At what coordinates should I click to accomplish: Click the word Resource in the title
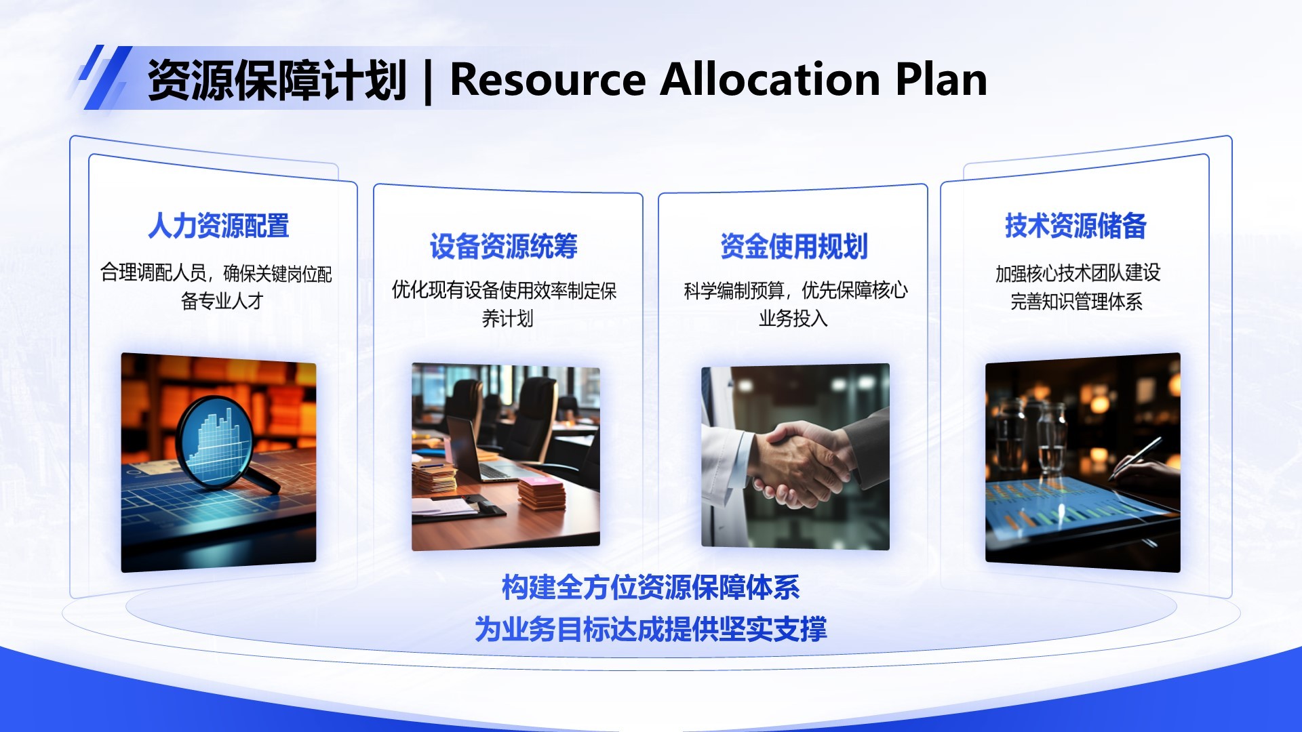point(548,80)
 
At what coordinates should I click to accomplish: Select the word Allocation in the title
point(770,80)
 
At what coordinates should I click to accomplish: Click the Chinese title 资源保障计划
point(277,80)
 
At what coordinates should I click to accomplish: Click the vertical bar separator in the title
point(428,81)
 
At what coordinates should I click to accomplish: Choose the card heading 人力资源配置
point(218,226)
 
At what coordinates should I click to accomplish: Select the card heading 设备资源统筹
point(503,246)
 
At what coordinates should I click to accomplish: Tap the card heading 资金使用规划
point(793,246)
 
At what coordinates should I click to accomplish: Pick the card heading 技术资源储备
point(1076,226)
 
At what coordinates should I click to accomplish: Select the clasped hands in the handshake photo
point(800,464)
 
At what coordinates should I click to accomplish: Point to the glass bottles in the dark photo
point(1031,434)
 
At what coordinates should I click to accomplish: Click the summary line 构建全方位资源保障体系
point(650,588)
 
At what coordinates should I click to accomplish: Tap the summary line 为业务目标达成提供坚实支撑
point(650,629)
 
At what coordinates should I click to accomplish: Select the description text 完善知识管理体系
point(1076,301)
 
